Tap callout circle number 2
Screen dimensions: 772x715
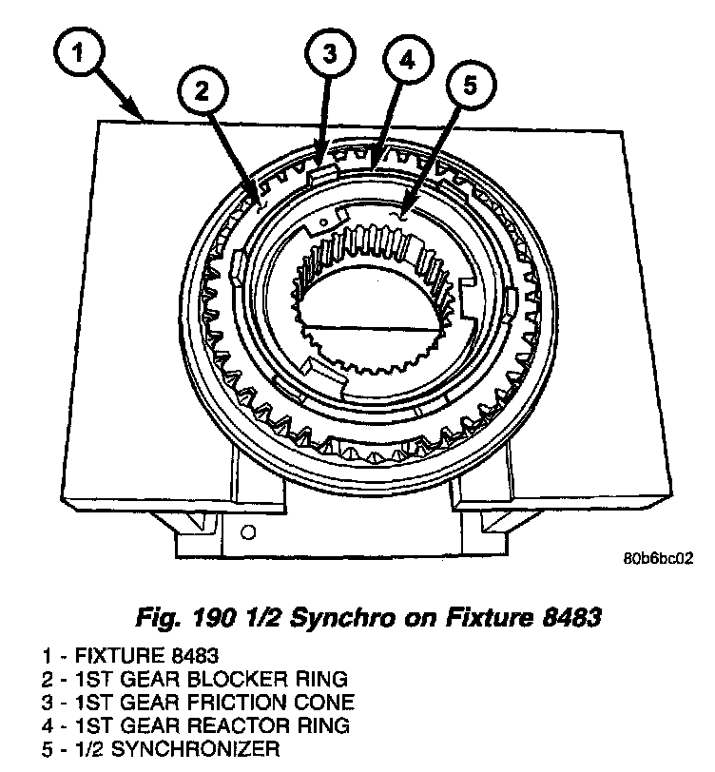[x=202, y=91]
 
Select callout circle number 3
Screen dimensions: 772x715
[x=327, y=54]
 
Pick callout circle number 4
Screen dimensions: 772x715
[x=407, y=62]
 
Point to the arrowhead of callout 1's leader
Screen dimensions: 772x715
[x=144, y=119]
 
